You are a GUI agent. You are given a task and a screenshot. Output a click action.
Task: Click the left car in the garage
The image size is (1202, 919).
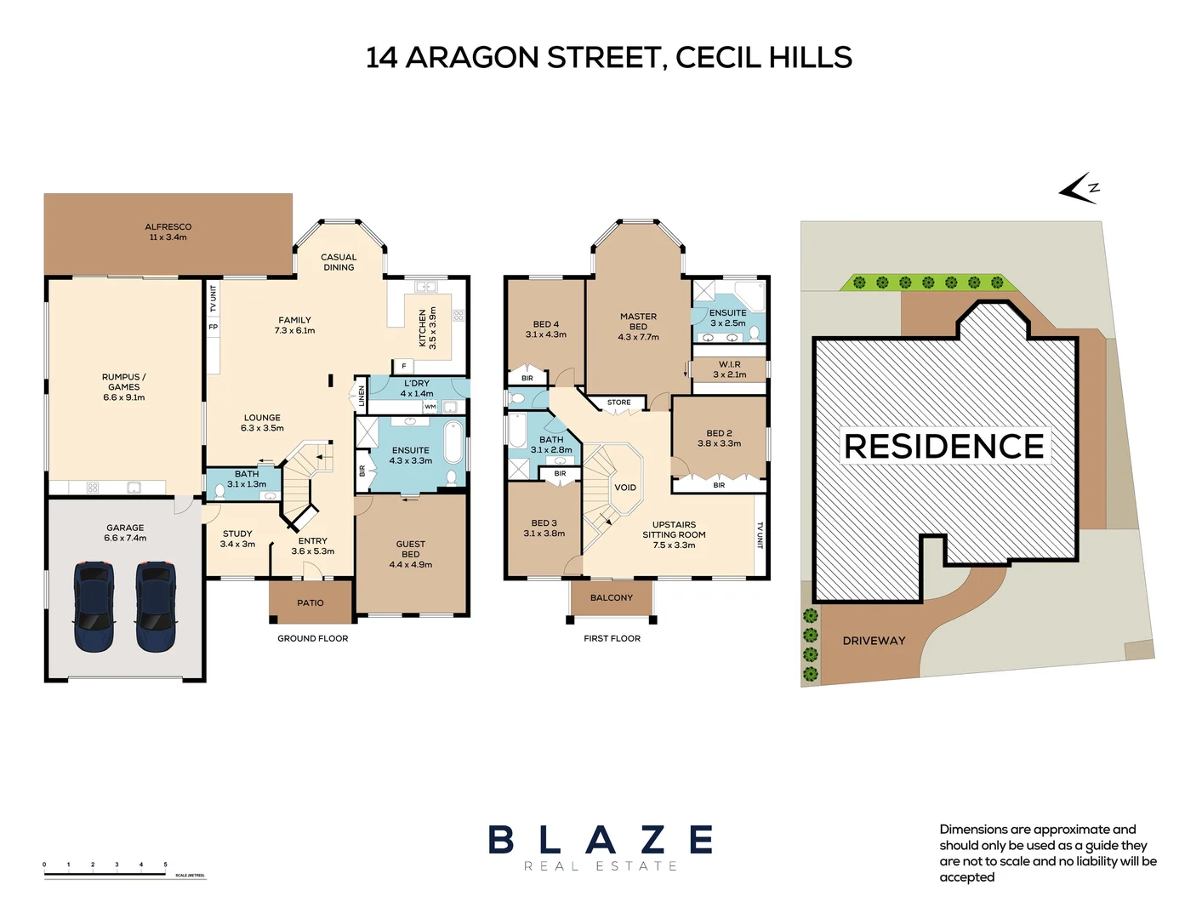coord(94,606)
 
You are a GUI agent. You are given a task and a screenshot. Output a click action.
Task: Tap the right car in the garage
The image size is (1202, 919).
coord(156,606)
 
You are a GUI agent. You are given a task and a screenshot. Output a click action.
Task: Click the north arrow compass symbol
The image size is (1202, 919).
coord(1080,189)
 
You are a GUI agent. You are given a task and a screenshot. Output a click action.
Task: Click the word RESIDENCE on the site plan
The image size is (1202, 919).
coord(943,446)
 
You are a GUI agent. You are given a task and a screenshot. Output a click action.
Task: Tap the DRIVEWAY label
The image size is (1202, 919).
coord(874,641)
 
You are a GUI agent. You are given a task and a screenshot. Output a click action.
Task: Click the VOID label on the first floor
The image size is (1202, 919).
coord(625,488)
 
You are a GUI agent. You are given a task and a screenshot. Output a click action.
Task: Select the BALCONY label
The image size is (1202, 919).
coord(612,597)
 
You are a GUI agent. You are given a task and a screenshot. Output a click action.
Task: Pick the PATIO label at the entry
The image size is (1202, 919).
coord(310,602)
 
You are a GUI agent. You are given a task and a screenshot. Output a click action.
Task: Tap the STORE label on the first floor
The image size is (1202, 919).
coord(618,402)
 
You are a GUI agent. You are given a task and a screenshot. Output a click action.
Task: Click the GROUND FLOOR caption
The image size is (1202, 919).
coord(312,638)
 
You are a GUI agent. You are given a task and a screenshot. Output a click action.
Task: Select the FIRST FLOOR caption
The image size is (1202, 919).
coord(612,638)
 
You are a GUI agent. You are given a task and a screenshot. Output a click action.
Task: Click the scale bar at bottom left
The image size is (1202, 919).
coord(124,872)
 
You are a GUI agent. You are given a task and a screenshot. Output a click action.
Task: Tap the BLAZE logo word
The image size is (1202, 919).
coord(601,840)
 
